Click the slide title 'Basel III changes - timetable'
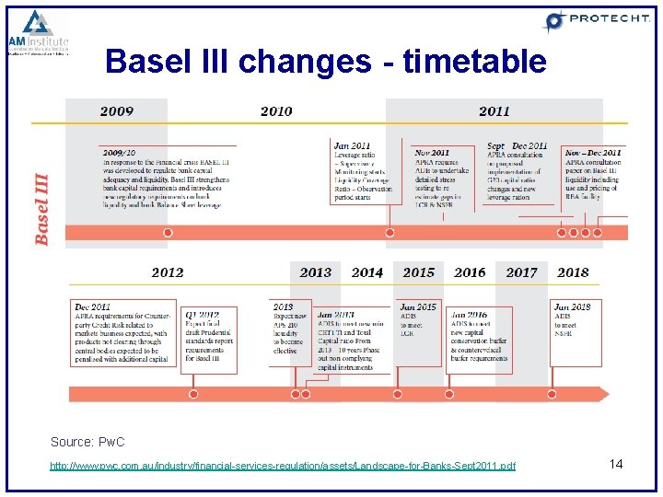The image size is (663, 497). [326, 62]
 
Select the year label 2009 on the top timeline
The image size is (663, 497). [117, 111]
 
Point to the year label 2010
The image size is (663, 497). [276, 111]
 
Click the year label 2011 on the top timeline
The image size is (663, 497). [494, 111]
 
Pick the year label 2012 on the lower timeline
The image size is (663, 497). [167, 272]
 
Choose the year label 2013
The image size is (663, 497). [315, 272]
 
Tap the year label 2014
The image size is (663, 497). [366, 272]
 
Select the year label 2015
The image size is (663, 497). [418, 272]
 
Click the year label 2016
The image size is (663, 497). [470, 272]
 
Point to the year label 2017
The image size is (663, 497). [521, 272]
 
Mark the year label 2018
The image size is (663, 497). [573, 272]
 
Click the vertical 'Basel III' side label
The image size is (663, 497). [42, 209]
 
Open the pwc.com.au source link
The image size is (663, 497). [283, 466]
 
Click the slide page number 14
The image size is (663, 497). [616, 464]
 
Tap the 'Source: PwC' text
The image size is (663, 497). [87, 443]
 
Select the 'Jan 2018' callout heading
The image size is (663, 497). [573, 306]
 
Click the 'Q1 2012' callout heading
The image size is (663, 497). [203, 314]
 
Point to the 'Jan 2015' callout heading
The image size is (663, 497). [418, 306]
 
